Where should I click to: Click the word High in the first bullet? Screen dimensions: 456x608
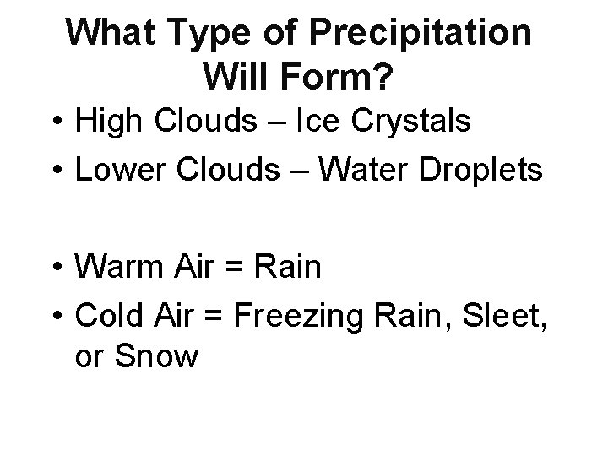[105, 122]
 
